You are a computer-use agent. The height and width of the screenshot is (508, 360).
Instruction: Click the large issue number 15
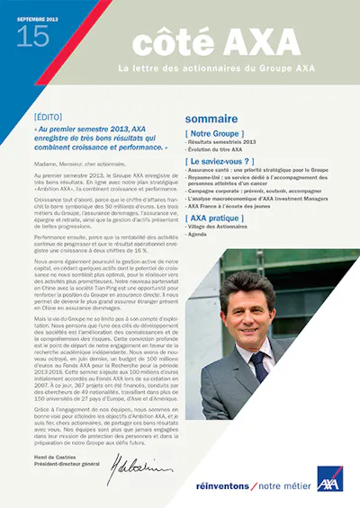pos(32,36)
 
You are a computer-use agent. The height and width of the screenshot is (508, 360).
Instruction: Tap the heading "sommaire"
pos(211,119)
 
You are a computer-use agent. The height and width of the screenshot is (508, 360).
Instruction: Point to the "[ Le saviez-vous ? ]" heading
pos(221,161)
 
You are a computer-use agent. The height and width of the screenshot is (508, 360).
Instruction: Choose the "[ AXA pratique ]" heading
pos(215,218)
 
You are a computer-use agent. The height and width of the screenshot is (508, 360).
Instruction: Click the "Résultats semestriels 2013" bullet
pos(221,142)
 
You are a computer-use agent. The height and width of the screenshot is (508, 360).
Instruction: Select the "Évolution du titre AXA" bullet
pos(218,149)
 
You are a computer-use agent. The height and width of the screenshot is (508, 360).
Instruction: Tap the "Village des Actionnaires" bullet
pos(220,228)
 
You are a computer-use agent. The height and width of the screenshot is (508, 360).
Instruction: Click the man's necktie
pos(258,367)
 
